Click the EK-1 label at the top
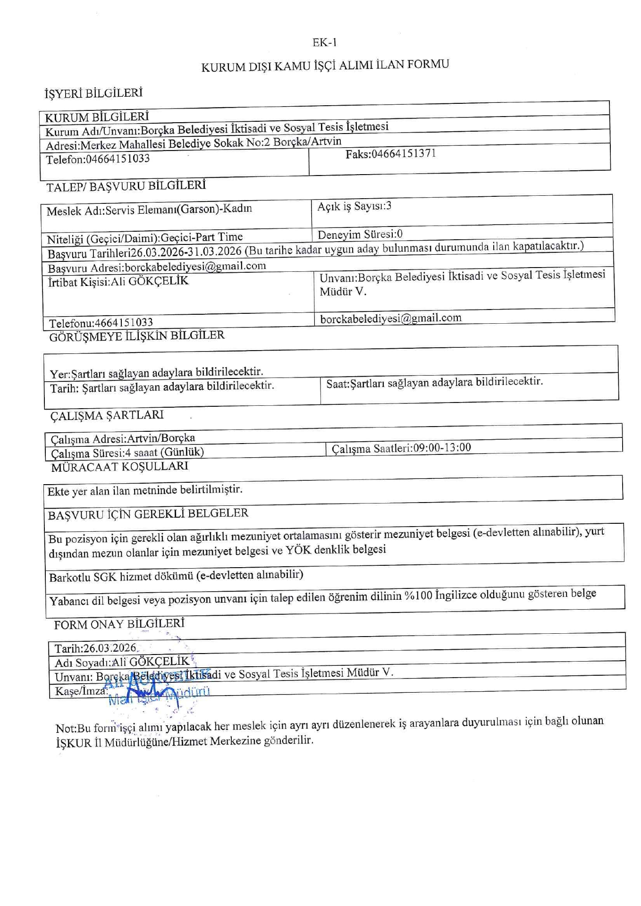click(324, 43)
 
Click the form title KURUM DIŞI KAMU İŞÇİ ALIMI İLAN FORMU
click(325, 66)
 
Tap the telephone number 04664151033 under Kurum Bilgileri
click(118, 159)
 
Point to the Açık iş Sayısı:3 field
click(354, 206)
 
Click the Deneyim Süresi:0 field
click(360, 234)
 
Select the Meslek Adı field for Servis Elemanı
click(149, 210)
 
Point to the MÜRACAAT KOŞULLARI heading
click(119, 467)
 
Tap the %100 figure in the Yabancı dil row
click(418, 596)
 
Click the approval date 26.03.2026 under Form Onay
click(110, 648)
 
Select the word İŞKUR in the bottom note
click(73, 743)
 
